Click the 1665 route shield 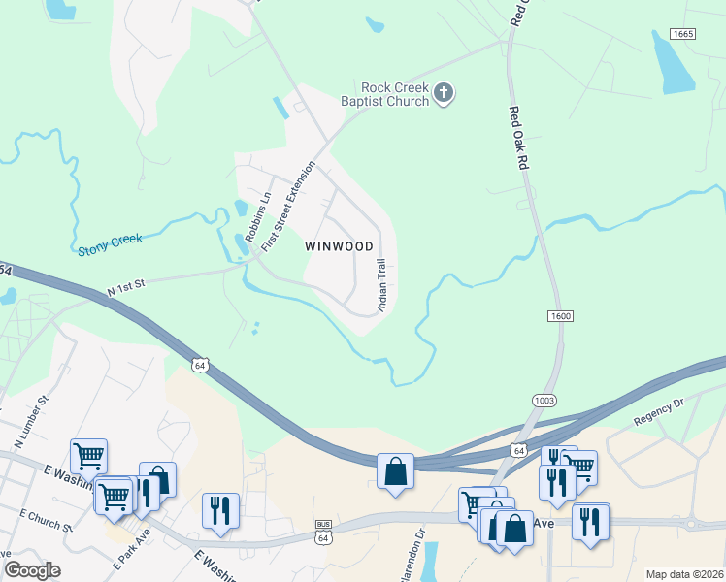click(683, 34)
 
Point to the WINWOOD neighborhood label click(339, 246)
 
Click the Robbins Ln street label click(256, 217)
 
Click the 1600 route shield click(560, 316)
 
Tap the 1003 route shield click(544, 400)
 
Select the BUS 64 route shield click(323, 531)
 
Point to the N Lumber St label click(30, 422)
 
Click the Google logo click(32, 570)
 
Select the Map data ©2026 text click(684, 574)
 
